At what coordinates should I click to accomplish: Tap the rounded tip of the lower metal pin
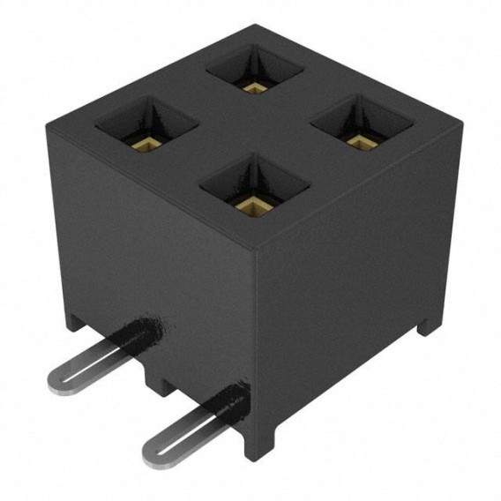153,455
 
